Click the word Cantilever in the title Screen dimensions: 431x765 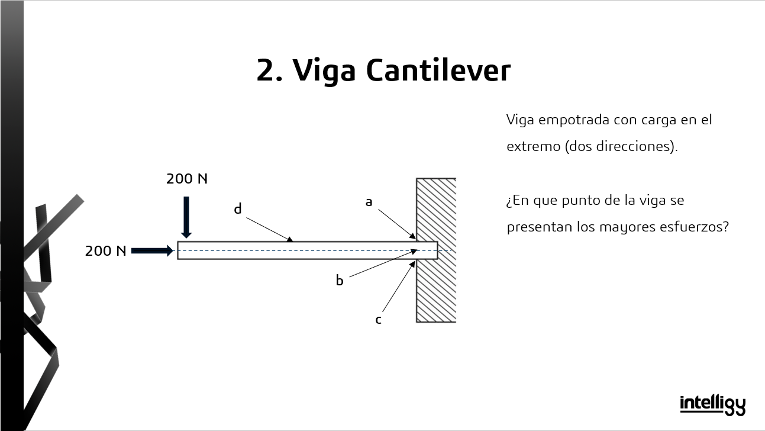[438, 70]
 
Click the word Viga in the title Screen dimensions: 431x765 [325, 70]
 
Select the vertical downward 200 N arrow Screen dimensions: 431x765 [186, 217]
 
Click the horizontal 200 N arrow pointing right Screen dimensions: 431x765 [152, 251]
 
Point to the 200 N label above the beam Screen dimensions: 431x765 [187, 179]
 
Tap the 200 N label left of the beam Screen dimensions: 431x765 [106, 251]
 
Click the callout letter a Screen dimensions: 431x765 [369, 202]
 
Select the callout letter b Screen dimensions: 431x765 [340, 281]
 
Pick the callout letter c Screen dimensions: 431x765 [378, 320]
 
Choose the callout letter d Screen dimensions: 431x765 [238, 209]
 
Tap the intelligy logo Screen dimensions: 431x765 [712, 404]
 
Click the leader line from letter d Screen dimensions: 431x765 [269, 229]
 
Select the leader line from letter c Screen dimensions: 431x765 [398, 288]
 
